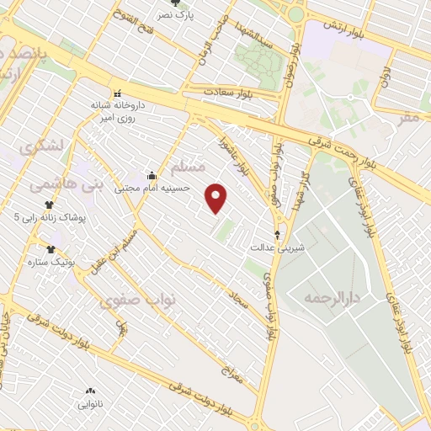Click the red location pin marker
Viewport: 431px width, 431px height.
click(x=217, y=198)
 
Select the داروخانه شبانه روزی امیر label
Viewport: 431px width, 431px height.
click(x=118, y=112)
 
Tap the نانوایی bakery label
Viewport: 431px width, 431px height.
click(x=90, y=403)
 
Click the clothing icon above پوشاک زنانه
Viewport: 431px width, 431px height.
click(x=49, y=205)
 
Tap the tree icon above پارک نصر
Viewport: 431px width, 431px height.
click(x=175, y=3)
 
